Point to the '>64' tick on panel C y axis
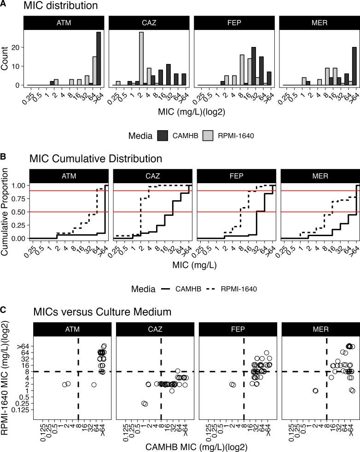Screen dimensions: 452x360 click(23, 345)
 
